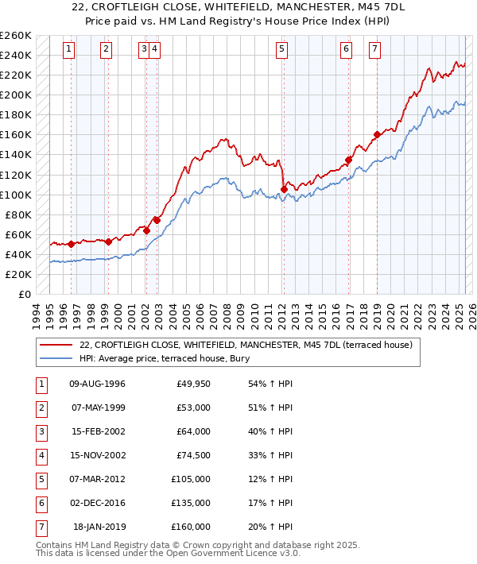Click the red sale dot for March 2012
coord(284,189)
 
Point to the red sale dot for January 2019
coord(377,134)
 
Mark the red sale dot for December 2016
coord(348,160)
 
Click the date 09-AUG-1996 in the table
coord(98,384)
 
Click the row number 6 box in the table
coord(41,503)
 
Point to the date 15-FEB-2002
coord(98,431)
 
